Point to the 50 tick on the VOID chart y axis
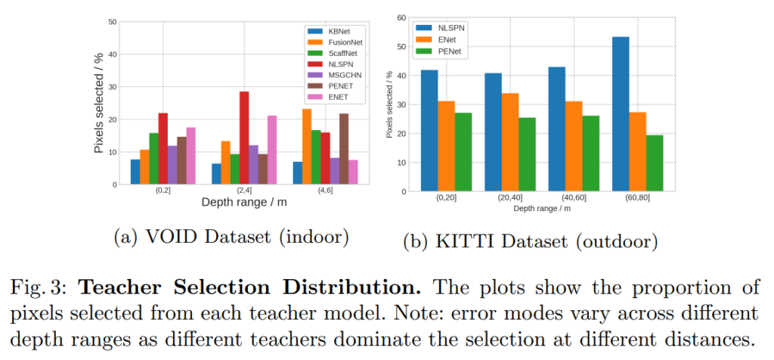click(x=112, y=22)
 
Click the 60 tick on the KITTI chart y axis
click(x=401, y=17)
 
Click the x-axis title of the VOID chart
click(x=244, y=202)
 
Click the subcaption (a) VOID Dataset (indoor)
click(x=231, y=237)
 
